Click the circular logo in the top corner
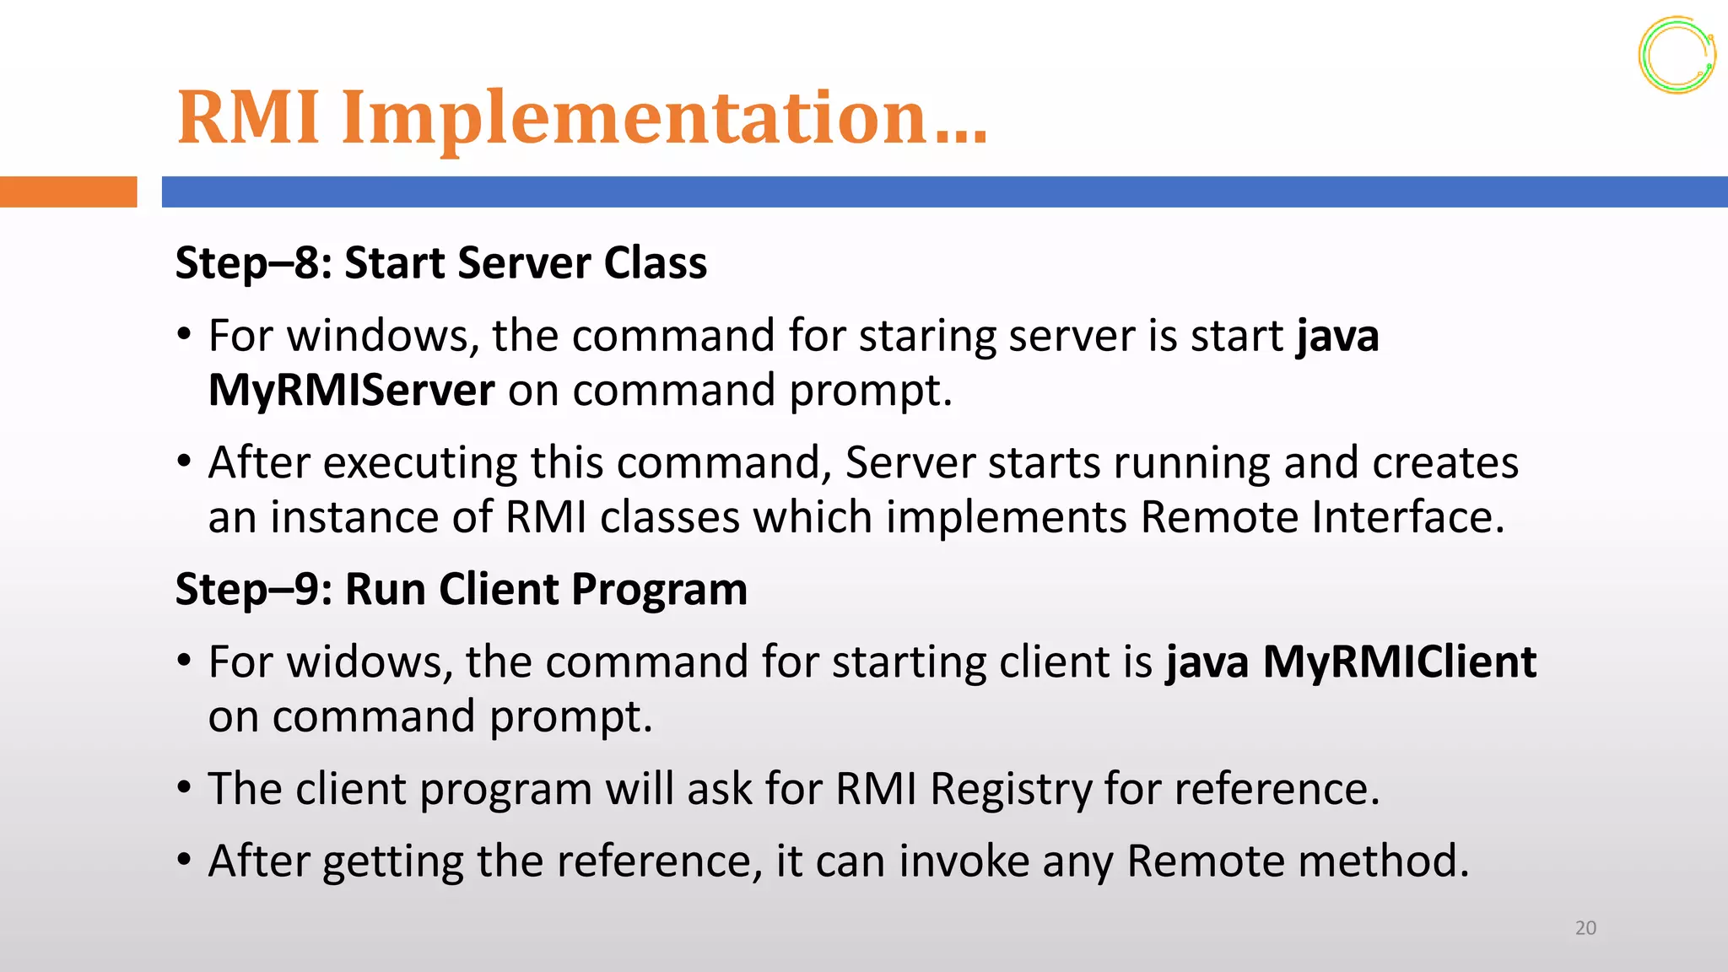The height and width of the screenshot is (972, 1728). (x=1677, y=55)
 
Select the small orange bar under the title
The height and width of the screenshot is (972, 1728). (x=68, y=192)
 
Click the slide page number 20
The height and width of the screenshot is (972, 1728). (x=1585, y=928)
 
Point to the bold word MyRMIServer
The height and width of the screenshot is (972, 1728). (x=351, y=391)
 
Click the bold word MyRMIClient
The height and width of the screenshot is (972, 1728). (x=1399, y=661)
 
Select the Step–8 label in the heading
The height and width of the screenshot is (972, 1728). (x=253, y=263)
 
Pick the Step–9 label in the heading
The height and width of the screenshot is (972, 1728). (x=253, y=589)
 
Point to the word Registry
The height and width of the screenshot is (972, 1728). (x=1011, y=789)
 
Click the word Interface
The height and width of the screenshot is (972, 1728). (x=1407, y=517)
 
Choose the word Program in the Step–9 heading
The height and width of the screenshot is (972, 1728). (x=659, y=589)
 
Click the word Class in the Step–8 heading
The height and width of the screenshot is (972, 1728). (x=656, y=263)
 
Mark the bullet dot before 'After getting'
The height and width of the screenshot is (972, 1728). (x=184, y=861)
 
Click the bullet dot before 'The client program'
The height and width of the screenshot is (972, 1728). (x=184, y=788)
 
